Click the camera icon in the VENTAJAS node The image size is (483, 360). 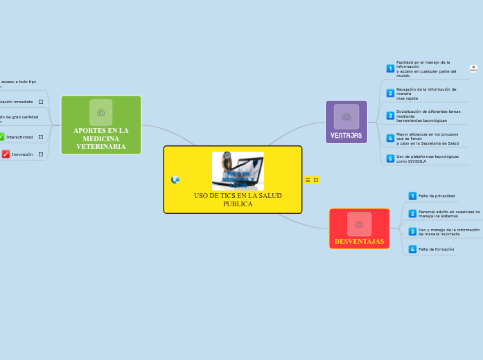346,116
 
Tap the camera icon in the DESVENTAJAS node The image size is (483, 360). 359,224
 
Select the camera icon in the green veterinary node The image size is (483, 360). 100,112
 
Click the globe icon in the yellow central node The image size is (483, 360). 175,180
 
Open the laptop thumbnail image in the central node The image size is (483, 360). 238,171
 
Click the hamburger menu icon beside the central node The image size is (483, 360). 308,180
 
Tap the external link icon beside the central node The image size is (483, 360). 316,180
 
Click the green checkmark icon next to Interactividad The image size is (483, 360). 1,137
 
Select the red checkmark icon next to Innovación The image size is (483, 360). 6,154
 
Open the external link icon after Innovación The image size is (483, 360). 41,154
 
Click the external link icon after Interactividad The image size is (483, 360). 41,137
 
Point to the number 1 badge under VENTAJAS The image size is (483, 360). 390,69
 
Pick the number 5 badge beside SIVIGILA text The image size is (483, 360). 390,159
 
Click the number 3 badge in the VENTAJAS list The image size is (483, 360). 390,116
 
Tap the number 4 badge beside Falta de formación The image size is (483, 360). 412,249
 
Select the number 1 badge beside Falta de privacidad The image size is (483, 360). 412,196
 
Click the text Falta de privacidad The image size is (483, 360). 437,196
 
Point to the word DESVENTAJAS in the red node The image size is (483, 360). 359,241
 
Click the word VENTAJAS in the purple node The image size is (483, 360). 346,135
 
